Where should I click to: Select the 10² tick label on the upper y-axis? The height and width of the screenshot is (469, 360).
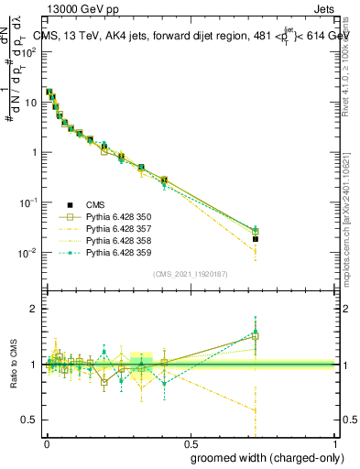pyautogui.click(x=30, y=51)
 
